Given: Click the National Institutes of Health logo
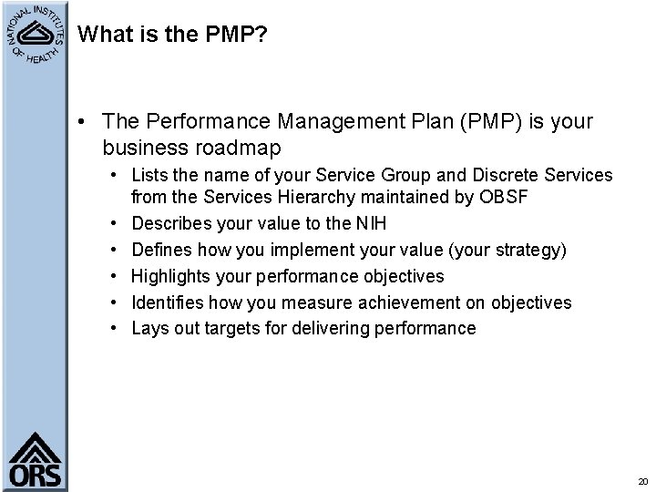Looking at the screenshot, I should coord(34,34).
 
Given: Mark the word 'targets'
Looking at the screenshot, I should coord(224,328).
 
